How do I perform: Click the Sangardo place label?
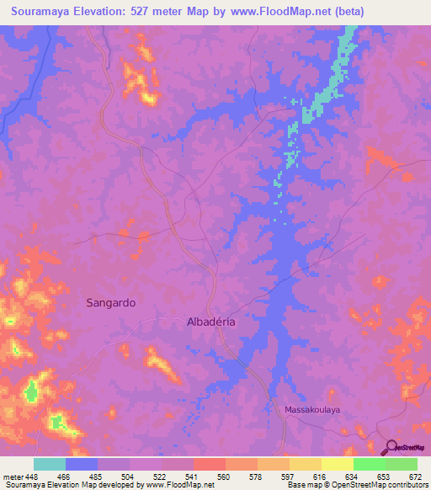111,302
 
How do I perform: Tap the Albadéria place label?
215,322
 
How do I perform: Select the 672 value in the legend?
415,475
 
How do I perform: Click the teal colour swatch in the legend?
50,464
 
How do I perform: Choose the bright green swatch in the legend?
369,464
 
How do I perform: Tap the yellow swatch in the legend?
337,464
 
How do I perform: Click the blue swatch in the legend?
82,464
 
